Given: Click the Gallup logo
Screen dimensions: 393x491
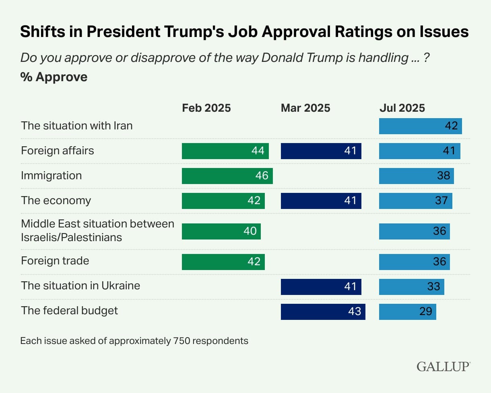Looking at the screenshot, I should point(443,366).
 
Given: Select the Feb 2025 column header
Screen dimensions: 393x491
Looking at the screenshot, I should point(206,108).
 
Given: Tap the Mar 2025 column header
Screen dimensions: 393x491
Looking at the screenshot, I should point(305,108).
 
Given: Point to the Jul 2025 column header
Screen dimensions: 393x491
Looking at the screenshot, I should point(402,108).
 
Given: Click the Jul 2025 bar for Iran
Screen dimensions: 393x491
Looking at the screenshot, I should point(420,126).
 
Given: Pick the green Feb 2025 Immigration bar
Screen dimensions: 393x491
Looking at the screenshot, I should point(227,176).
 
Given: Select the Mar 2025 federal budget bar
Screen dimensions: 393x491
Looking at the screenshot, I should point(323,311).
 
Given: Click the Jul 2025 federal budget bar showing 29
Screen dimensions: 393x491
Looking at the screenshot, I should point(407,311).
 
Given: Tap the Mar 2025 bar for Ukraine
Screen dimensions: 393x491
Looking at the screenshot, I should point(321,287).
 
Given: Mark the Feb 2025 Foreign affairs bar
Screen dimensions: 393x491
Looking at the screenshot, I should point(225,151).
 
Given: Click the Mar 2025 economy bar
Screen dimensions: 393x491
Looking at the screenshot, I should point(321,201).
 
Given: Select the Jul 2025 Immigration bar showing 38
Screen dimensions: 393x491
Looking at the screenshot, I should point(416,176).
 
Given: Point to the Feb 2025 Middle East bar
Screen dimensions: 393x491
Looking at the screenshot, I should point(221,231).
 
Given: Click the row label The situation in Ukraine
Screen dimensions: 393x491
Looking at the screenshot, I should point(80,286).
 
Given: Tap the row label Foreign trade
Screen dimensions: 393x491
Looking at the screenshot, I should point(55,261).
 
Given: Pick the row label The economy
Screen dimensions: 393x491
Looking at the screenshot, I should point(56,201).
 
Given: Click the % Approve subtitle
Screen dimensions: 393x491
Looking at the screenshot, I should point(54,77).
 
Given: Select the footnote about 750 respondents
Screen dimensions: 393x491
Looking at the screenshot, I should point(134,341).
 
